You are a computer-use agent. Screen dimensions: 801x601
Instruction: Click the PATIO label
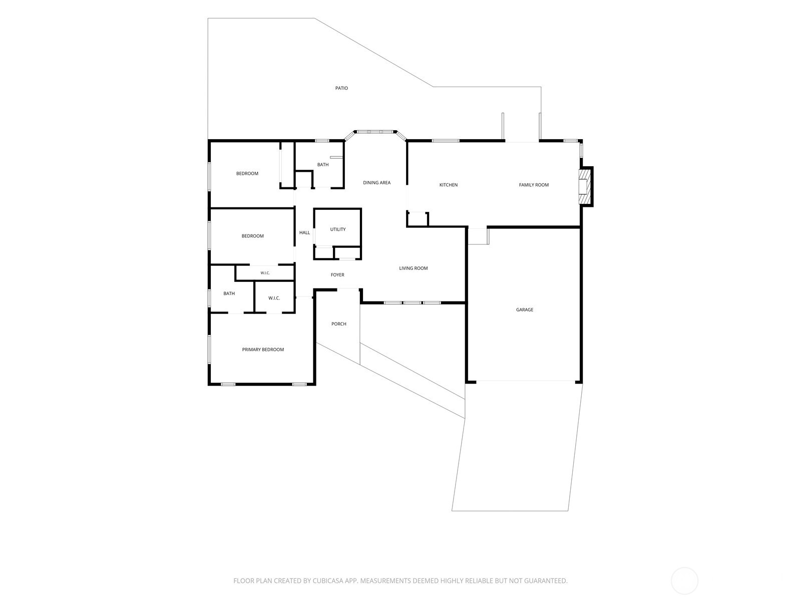pyautogui.click(x=341, y=88)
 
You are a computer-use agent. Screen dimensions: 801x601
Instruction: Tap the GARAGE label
pyautogui.click(x=524, y=310)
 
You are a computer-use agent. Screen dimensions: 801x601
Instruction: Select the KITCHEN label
pyautogui.click(x=448, y=185)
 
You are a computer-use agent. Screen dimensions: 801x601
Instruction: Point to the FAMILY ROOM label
pyautogui.click(x=534, y=185)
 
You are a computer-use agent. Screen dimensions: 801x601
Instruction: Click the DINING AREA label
pyautogui.click(x=376, y=182)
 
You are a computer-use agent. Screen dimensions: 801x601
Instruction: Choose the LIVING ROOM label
pyautogui.click(x=413, y=268)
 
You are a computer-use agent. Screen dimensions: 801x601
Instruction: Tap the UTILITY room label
pyautogui.click(x=337, y=229)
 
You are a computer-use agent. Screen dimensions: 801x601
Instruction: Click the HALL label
pyautogui.click(x=304, y=232)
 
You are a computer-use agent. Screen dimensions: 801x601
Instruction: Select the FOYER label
pyautogui.click(x=337, y=275)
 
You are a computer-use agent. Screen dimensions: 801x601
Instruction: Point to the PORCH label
pyautogui.click(x=338, y=324)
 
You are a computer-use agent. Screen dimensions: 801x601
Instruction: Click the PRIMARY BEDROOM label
pyautogui.click(x=263, y=350)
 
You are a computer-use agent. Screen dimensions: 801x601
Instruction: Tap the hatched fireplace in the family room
pyautogui.click(x=584, y=186)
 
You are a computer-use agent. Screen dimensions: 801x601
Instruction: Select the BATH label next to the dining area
pyautogui.click(x=322, y=165)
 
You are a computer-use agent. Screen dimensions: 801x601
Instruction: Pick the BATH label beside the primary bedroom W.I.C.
pyautogui.click(x=229, y=293)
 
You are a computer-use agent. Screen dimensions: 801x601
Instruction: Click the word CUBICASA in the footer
pyautogui.click(x=328, y=580)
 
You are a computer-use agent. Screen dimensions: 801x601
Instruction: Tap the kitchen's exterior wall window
pyautogui.click(x=446, y=141)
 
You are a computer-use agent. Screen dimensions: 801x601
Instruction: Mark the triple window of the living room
pyautogui.click(x=413, y=303)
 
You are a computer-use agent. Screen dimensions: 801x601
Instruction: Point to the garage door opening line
pyautogui.click(x=526, y=381)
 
